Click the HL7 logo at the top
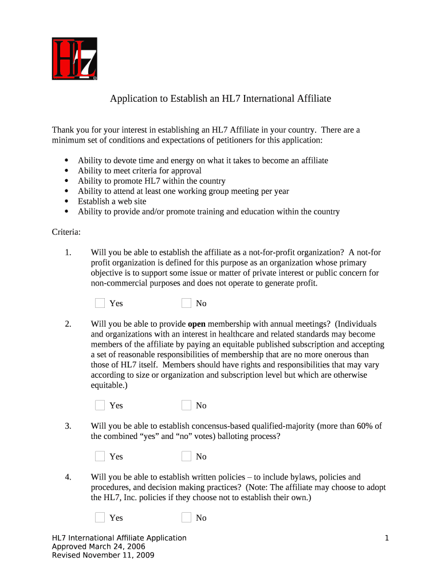point(74,58)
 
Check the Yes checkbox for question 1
point(100,303)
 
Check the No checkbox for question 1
point(186,303)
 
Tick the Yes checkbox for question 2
point(100,405)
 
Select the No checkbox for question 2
point(186,405)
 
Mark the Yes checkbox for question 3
point(100,456)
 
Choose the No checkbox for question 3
point(186,456)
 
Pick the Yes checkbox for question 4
point(100,517)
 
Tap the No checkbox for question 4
point(186,517)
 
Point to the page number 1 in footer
point(387,538)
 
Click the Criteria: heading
point(66,232)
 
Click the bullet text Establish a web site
point(112,201)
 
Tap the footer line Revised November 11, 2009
point(103,555)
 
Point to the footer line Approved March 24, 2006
point(99,547)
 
